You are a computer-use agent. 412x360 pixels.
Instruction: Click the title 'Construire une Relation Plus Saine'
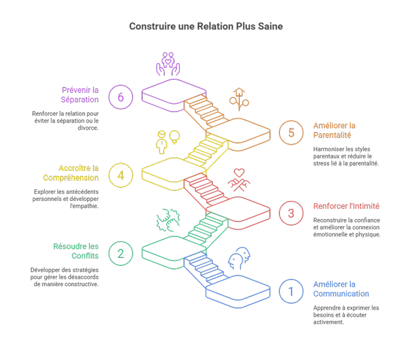[206, 27]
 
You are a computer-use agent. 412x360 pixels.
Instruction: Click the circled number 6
[121, 97]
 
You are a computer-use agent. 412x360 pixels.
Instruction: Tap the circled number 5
[291, 133]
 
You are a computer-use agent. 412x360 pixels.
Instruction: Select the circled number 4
[121, 175]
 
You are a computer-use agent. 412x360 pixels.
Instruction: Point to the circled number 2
[121, 253]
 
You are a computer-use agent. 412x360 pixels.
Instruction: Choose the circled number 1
[291, 291]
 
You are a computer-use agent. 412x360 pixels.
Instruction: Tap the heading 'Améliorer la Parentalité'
[335, 130]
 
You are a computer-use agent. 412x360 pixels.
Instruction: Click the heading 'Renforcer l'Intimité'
[347, 207]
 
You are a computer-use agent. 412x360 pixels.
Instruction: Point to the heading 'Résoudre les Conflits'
[76, 251]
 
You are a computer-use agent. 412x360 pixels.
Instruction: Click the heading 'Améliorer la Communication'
[341, 289]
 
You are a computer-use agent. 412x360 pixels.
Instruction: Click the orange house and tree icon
[239, 98]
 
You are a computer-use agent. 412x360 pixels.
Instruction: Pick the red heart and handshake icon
[239, 180]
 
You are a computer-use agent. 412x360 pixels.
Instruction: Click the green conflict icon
[167, 220]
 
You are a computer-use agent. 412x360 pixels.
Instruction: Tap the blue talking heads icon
[239, 259]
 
